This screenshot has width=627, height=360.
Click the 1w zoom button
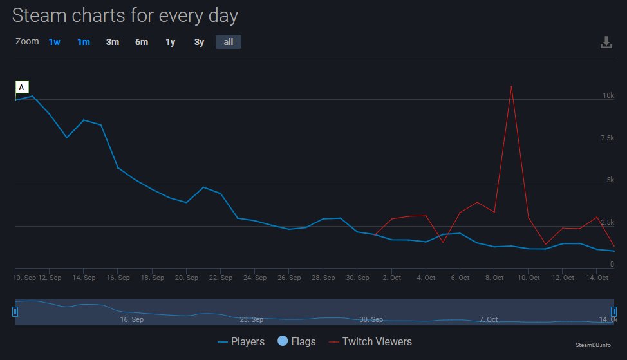(x=54, y=42)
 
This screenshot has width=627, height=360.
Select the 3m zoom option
(x=113, y=42)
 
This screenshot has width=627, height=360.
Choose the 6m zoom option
(x=142, y=42)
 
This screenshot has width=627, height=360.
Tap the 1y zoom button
(x=170, y=42)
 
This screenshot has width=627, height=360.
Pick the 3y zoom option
(x=200, y=42)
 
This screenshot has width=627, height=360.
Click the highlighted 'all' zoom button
(x=229, y=42)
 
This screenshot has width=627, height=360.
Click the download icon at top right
(x=606, y=43)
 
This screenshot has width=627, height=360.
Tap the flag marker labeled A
(x=22, y=87)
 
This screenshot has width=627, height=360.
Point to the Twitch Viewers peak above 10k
(x=511, y=86)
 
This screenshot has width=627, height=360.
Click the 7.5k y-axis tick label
(x=608, y=138)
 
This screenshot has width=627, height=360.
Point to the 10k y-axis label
(x=608, y=95)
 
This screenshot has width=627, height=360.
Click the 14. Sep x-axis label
(x=84, y=278)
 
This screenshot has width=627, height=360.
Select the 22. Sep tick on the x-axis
(x=221, y=278)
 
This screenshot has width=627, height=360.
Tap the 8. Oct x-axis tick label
(x=494, y=278)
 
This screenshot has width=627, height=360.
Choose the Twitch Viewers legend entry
(x=370, y=341)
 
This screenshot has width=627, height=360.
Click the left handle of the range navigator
(x=15, y=312)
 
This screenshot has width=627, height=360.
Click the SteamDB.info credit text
(x=593, y=345)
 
